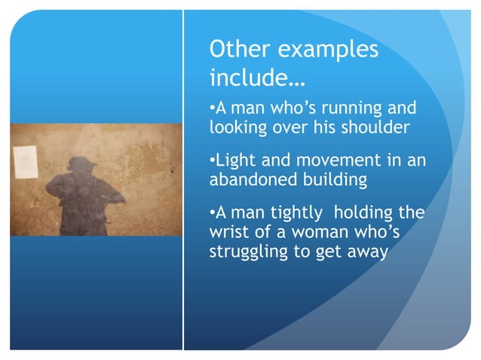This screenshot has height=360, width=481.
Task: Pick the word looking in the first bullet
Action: point(237,127)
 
